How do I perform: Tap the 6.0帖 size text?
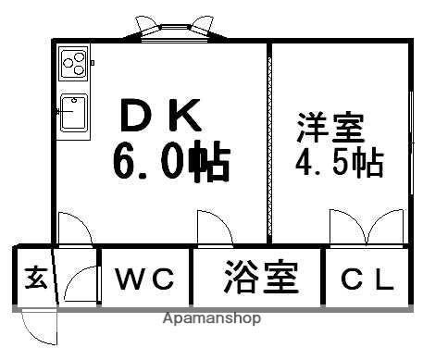[x=171, y=164]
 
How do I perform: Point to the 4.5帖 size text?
[x=339, y=164]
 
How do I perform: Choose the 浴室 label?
[x=260, y=277]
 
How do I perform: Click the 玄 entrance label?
[x=34, y=277]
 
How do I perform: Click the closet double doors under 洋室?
[x=367, y=229]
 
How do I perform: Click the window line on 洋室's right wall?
[x=410, y=139]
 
